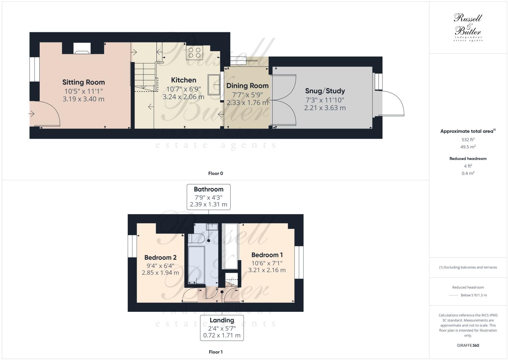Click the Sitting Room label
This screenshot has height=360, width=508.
83,82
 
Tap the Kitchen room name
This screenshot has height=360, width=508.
183,80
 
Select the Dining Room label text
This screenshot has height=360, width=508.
247,86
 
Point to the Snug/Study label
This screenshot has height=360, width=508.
325,91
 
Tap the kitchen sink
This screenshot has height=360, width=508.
214,84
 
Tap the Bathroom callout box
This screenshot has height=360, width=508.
209,197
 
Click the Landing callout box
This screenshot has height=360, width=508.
222,328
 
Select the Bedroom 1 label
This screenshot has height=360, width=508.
267,255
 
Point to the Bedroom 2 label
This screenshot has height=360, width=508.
160,258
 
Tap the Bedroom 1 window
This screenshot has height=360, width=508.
299,262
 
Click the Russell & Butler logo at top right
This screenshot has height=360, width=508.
468,27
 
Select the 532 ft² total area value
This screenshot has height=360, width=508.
468,139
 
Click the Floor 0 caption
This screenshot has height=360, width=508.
215,173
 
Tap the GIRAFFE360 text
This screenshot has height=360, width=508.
468,345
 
